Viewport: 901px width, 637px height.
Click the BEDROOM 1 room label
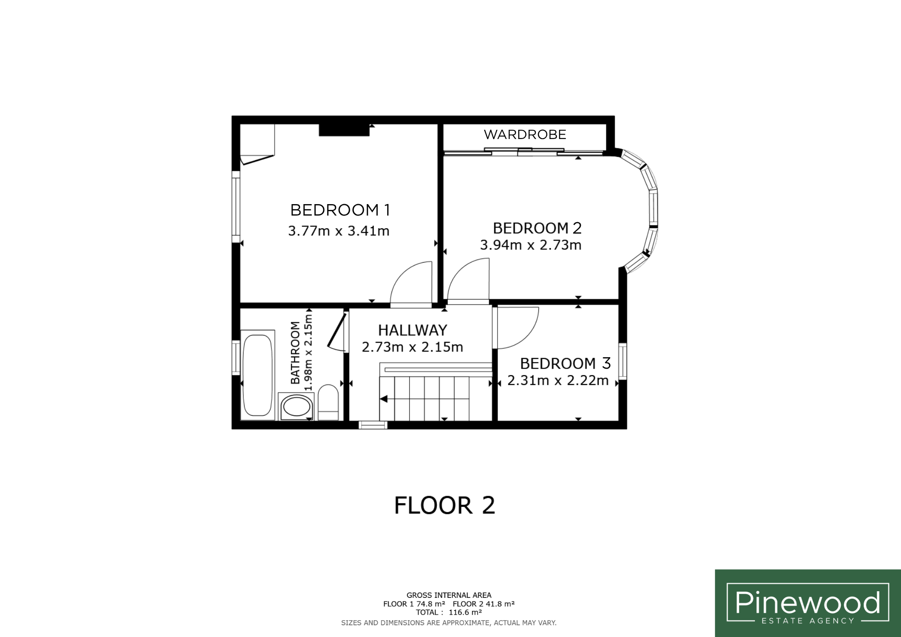(340, 210)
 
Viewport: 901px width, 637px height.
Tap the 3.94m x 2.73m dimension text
(531, 245)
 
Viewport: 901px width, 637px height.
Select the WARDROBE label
(525, 134)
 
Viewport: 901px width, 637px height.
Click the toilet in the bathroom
(328, 402)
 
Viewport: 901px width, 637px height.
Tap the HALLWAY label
(412, 330)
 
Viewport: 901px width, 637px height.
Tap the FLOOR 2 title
(444, 505)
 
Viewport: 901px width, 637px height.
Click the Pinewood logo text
(808, 602)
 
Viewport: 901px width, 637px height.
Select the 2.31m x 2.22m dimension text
(558, 380)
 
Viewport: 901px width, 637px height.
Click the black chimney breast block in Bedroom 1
(344, 130)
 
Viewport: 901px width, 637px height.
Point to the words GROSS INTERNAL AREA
(449, 595)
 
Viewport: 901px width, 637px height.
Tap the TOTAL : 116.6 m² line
(449, 612)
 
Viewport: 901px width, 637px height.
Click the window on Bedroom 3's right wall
(623, 361)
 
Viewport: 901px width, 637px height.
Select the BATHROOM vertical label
(295, 352)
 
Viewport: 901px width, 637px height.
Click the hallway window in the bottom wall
(373, 425)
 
